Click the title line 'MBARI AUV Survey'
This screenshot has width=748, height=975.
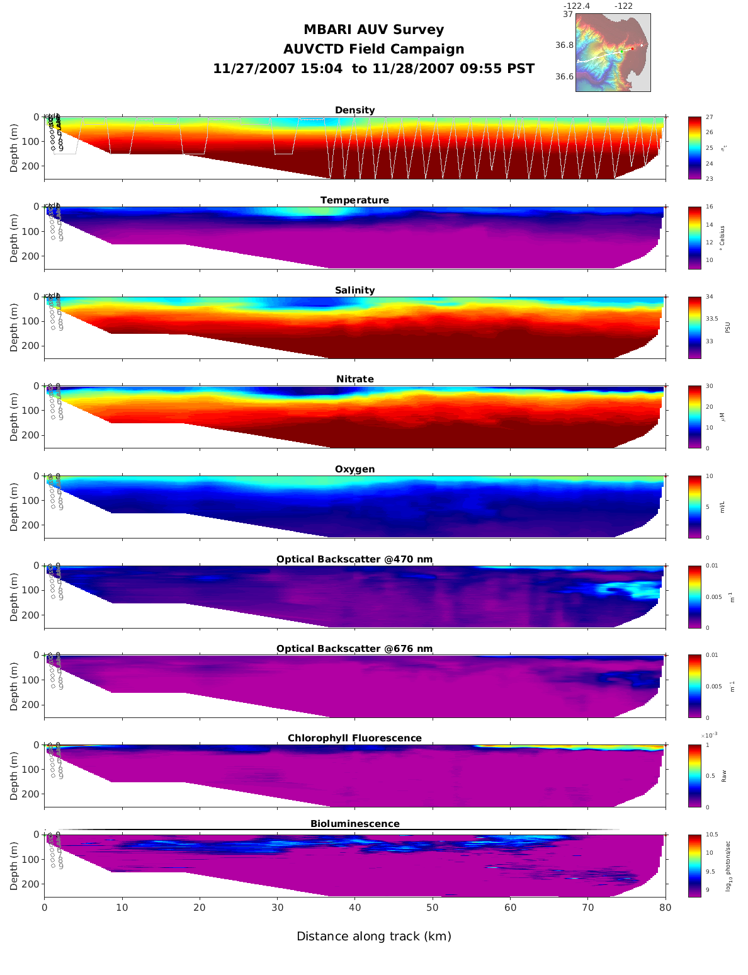(373, 30)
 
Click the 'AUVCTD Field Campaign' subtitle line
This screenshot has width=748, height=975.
(373, 49)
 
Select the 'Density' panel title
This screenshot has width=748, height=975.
(354, 110)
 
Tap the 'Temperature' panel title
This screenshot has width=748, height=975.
(354, 200)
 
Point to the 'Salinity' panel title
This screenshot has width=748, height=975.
(354, 290)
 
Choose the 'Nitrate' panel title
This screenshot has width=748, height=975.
(354, 379)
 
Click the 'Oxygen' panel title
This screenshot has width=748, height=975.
(354, 469)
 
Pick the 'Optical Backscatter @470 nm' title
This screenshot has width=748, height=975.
(354, 559)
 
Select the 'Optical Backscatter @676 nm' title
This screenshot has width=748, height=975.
(354, 649)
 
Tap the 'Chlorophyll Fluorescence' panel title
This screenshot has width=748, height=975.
(354, 738)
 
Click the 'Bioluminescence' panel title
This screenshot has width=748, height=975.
(354, 824)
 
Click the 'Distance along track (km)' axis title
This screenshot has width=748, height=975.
(374, 937)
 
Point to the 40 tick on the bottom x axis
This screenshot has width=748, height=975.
(354, 908)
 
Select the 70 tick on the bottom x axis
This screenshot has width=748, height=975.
(587, 908)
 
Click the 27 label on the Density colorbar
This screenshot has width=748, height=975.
(709, 117)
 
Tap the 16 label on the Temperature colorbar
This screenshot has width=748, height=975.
(709, 207)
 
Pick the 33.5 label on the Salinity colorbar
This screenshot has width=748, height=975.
(711, 319)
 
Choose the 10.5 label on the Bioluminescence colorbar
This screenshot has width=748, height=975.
(712, 835)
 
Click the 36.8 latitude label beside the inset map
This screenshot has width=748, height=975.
(564, 45)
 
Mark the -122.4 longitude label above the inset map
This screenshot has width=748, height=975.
(576, 6)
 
